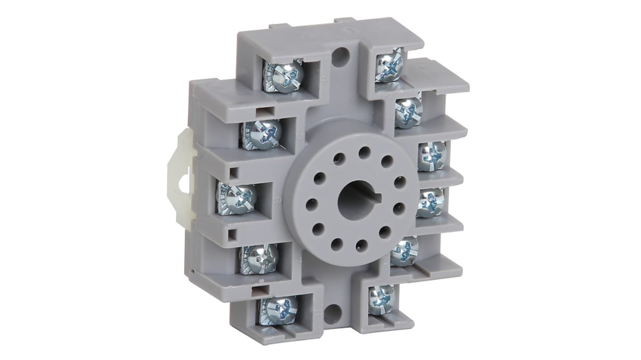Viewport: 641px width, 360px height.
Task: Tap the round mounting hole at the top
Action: click(x=340, y=57)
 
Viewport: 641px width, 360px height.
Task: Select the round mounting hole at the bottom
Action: click(x=333, y=314)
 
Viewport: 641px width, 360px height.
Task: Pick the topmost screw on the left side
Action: click(x=283, y=76)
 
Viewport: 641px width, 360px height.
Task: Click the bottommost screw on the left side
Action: click(x=278, y=310)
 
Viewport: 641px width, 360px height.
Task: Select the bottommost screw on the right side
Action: click(x=381, y=300)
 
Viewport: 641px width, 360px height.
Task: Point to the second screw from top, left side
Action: click(x=261, y=134)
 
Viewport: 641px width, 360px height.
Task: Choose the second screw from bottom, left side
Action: click(x=259, y=259)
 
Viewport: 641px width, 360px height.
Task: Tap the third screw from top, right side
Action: click(x=432, y=156)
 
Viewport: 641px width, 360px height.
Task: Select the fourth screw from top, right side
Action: click(x=430, y=203)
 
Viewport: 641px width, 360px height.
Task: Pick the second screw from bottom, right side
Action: click(x=404, y=251)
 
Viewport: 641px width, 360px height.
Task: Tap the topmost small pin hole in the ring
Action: click(x=365, y=152)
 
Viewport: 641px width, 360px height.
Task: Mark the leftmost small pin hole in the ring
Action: click(x=311, y=204)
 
